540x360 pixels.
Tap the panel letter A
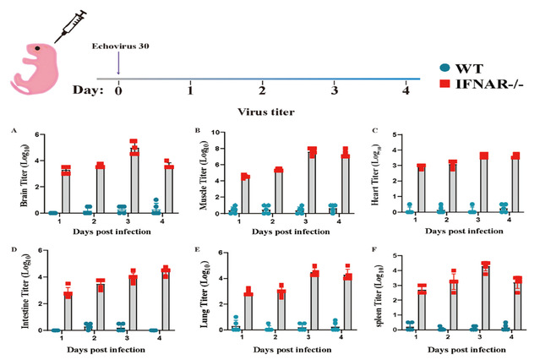14,130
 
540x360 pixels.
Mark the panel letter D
14,250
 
